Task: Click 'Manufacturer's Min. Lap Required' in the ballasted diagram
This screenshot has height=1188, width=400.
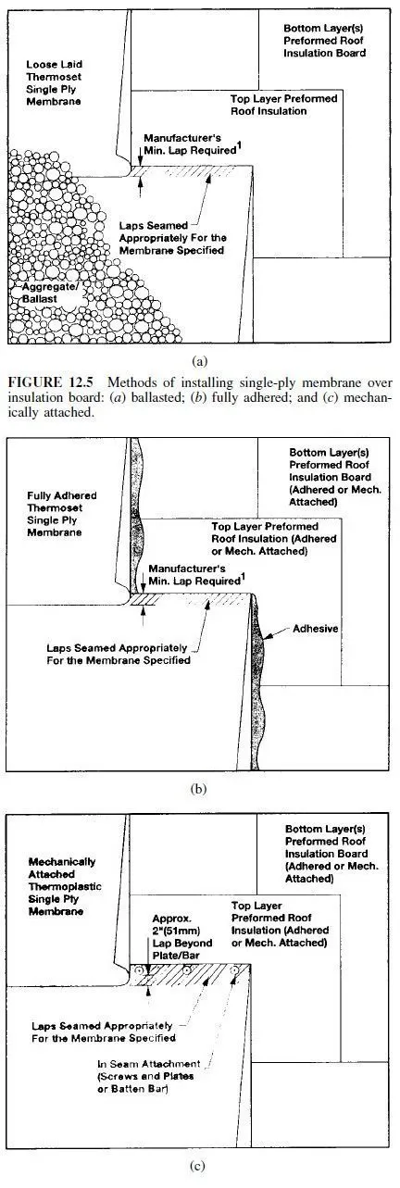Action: pos(190,144)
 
